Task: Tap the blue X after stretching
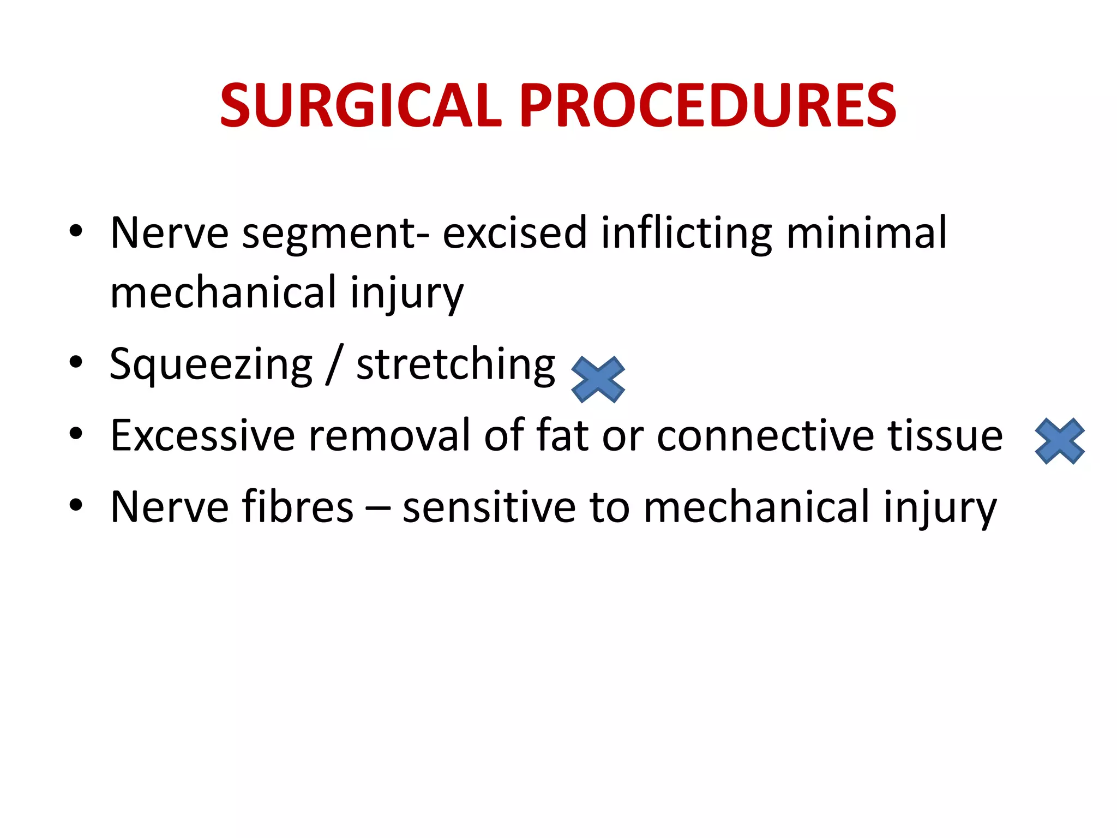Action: [598, 380]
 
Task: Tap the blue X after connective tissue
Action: [1060, 441]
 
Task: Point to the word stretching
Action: [455, 364]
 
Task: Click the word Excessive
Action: [202, 435]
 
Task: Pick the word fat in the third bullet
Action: [562, 435]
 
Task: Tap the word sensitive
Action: [489, 507]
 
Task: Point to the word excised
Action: [514, 234]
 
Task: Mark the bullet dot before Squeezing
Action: [76, 362]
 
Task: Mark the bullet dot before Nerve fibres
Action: [76, 505]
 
